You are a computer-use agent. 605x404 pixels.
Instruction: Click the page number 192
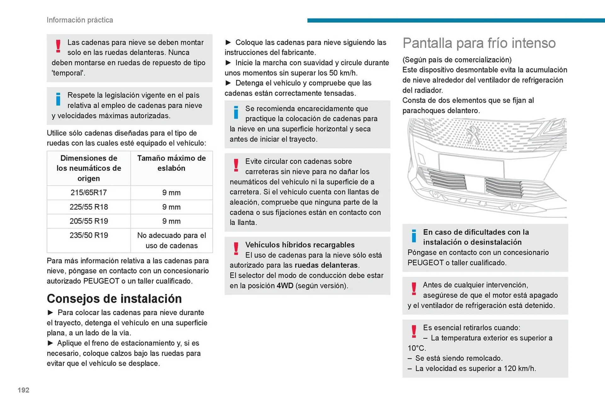(x=23, y=390)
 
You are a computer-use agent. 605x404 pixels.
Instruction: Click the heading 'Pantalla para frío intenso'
(x=479, y=43)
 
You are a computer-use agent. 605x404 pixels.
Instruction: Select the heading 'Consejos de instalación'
(x=114, y=299)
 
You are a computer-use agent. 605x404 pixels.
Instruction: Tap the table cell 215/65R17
(x=89, y=192)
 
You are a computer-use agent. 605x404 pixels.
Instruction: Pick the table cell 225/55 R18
(x=89, y=207)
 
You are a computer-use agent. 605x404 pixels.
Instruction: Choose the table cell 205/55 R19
(x=89, y=221)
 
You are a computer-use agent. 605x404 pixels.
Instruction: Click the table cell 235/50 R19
(x=89, y=235)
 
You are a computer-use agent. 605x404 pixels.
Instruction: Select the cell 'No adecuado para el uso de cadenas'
(x=171, y=240)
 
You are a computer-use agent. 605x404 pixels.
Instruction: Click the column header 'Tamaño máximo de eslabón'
(x=171, y=163)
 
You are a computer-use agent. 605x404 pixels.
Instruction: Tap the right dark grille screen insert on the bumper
(x=504, y=188)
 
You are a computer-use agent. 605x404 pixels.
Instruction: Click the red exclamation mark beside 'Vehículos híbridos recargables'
(x=236, y=249)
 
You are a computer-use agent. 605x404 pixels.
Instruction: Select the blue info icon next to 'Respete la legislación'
(x=58, y=99)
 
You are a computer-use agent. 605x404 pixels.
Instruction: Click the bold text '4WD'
(x=285, y=286)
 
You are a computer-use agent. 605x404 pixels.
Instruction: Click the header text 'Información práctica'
(x=80, y=20)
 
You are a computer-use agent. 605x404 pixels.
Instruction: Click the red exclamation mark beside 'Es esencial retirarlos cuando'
(x=414, y=331)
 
